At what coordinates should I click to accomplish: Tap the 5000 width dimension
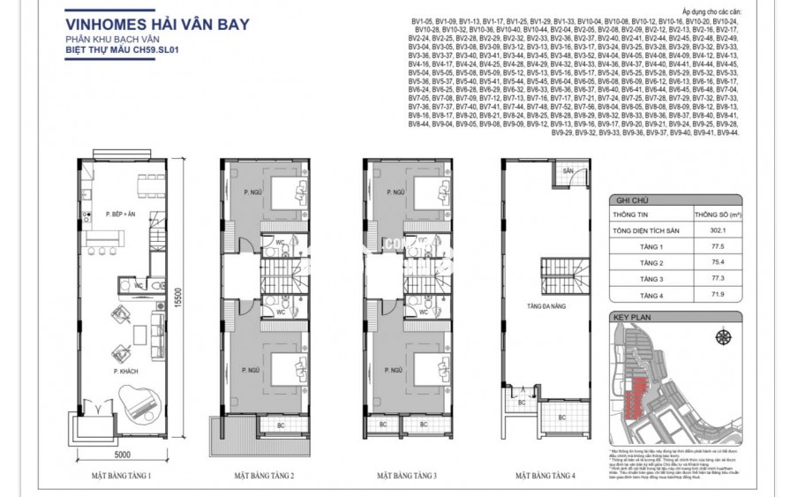pos(121,455)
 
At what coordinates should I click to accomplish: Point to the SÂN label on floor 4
pos(568,169)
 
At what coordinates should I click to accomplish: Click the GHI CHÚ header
pos(628,200)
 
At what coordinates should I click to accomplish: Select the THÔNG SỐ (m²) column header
pos(716,215)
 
